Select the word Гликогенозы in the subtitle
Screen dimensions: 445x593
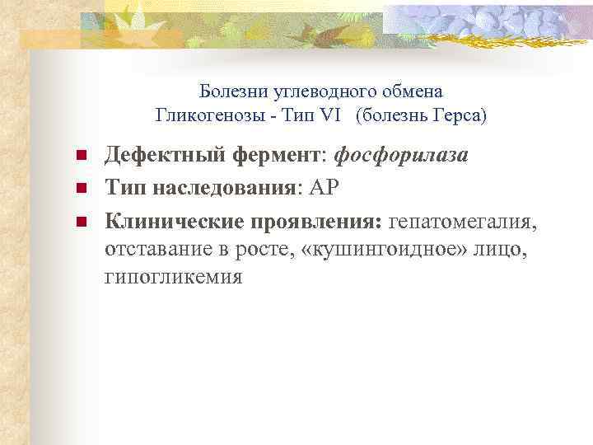198,115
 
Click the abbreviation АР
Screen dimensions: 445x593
324,189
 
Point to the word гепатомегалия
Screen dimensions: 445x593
467,221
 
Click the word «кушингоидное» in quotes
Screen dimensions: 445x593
393,249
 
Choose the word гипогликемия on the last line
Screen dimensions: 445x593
174,277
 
